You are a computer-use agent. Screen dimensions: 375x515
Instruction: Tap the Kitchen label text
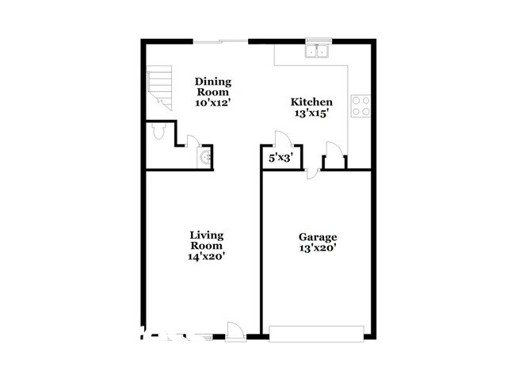[311, 101]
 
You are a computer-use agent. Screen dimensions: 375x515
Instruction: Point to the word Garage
[318, 237]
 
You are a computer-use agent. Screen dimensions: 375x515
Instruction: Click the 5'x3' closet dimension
[281, 158]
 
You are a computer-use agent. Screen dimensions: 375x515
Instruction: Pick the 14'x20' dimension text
[206, 257]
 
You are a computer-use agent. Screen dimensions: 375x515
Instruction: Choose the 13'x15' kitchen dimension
[311, 113]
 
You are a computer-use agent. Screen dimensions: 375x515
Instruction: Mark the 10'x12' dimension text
[212, 102]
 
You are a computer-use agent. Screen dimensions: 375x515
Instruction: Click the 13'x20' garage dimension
[318, 248]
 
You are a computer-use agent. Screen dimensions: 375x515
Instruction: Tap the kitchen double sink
[319, 52]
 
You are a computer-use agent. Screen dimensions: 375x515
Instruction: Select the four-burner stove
[360, 105]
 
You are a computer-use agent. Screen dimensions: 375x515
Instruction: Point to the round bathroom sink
[206, 158]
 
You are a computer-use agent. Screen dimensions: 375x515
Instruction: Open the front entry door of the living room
[235, 331]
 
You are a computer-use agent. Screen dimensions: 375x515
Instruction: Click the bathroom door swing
[191, 142]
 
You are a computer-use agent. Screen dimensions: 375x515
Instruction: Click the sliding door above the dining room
[221, 40]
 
